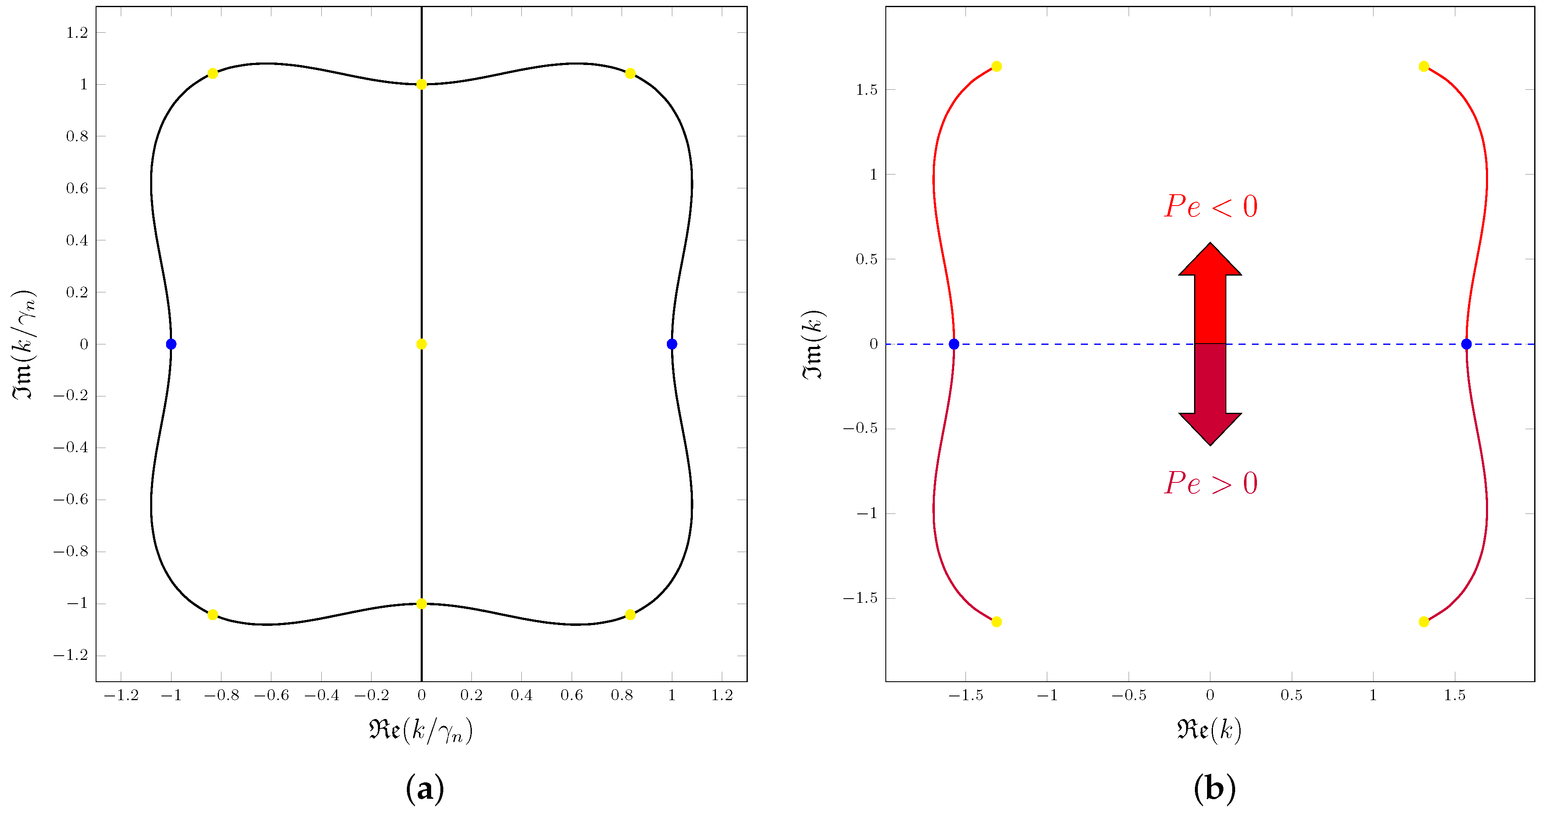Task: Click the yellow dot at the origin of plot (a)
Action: [421, 344]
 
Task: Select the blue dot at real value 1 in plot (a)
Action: [671, 344]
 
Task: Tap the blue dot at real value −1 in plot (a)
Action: [171, 344]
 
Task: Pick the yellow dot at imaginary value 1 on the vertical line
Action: [421, 84]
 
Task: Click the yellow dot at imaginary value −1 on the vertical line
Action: [421, 603]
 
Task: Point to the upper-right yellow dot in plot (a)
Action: [630, 73]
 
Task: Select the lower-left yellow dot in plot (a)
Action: [212, 615]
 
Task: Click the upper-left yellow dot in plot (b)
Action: [996, 66]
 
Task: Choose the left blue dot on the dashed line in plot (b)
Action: [954, 344]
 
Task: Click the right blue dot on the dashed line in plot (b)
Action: [1466, 344]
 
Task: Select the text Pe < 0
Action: [1210, 207]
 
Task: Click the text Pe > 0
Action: [1210, 483]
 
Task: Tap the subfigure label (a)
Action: [425, 788]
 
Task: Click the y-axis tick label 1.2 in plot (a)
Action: [77, 32]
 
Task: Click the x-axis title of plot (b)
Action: [1209, 730]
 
